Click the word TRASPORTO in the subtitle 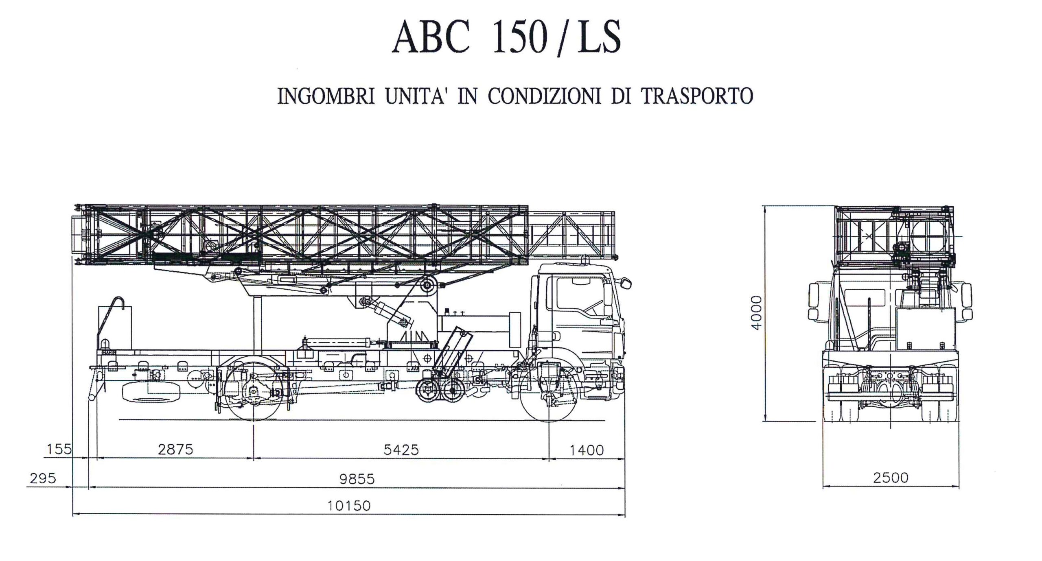pos(697,96)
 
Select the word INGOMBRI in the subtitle pos(326,96)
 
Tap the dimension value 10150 pos(349,506)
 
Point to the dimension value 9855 pos(357,479)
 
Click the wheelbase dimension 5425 pos(401,450)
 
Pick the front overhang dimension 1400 pos(586,450)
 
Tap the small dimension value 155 pos(59,449)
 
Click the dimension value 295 pos(43,478)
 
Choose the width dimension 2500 pos(891,478)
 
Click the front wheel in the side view pos(549,391)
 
